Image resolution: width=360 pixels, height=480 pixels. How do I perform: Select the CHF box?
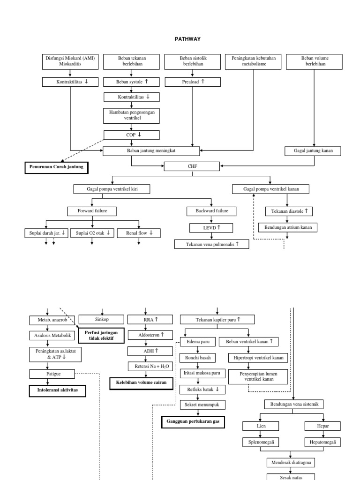pos(192,166)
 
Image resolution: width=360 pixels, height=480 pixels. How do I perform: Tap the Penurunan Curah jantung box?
pos(56,166)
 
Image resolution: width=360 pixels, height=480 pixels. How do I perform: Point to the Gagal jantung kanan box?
pos(313,151)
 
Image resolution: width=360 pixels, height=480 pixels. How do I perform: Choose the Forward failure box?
pos(93,211)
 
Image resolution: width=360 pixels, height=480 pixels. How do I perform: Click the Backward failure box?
pos(212,211)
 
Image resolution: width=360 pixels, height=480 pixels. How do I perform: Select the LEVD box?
pos(212,228)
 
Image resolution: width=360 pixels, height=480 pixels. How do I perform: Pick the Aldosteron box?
pos(149,335)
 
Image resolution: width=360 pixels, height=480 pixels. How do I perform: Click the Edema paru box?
pos(197,342)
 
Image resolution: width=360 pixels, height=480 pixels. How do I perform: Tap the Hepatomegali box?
pos(322,442)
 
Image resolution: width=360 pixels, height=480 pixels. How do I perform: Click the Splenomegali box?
pos(261,442)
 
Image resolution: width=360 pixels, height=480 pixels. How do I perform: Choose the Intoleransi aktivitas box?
pos(58,390)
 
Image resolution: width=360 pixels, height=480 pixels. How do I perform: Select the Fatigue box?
pos(52,374)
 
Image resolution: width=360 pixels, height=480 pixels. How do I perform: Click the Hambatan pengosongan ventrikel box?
pos(132,115)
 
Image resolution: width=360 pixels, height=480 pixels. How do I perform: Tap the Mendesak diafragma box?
pos(291,463)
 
